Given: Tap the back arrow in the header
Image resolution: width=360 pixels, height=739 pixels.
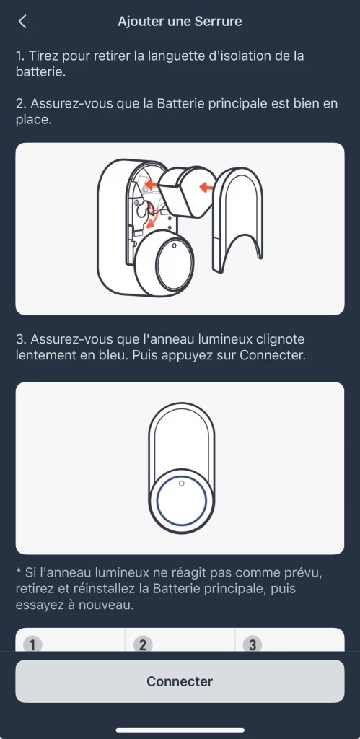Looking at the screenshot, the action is [x=22, y=22].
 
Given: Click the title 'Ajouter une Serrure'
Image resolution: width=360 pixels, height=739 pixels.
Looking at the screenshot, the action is [x=180, y=22].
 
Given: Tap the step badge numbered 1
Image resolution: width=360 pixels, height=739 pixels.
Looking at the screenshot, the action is [x=32, y=644].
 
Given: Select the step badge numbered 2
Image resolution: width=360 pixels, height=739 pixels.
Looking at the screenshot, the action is [x=143, y=644].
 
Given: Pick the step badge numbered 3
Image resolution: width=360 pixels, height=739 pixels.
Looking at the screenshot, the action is [x=253, y=644].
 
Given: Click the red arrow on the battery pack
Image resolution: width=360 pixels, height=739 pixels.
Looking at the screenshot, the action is [x=206, y=188].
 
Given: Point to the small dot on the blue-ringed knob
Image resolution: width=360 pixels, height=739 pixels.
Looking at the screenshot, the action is [x=181, y=484].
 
